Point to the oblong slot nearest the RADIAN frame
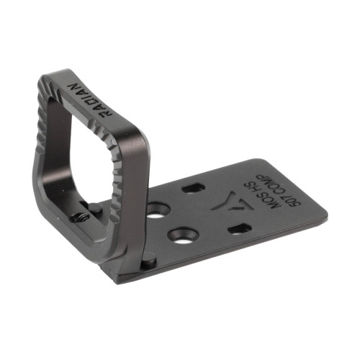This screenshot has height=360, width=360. [x=192, y=188]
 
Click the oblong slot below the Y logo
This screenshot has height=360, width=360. [x=238, y=229]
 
